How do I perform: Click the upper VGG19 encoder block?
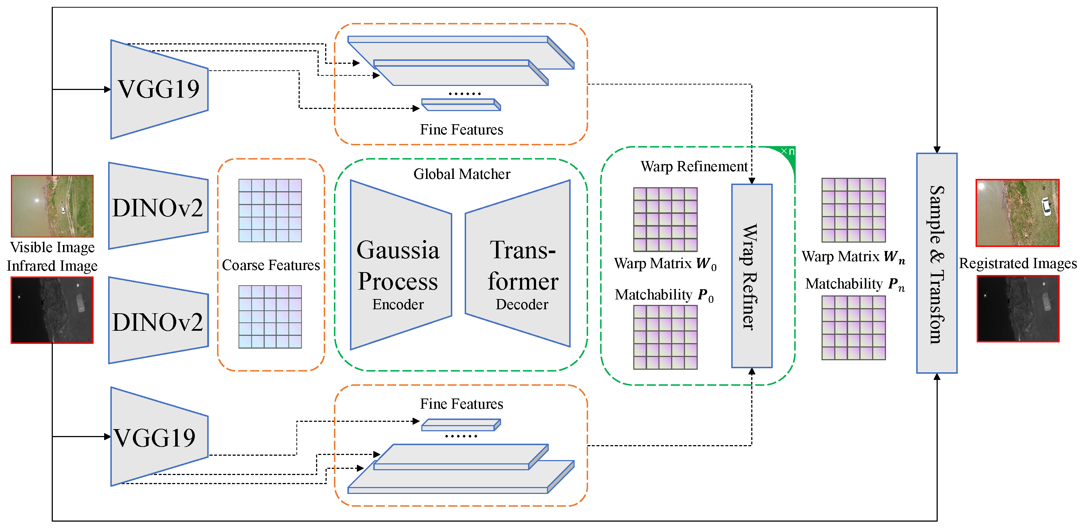coord(159,89)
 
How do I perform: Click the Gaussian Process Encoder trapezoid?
coord(399,265)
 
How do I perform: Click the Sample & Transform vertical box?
coord(936,263)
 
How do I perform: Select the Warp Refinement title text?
coord(694,166)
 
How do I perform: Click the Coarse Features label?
coord(271,265)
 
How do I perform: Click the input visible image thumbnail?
coord(52,206)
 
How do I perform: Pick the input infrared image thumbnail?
coord(52,310)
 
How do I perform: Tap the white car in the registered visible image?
coord(1045,206)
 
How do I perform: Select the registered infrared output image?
coord(1017,309)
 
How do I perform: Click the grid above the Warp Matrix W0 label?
coord(665,220)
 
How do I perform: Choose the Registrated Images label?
coord(1017,263)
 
